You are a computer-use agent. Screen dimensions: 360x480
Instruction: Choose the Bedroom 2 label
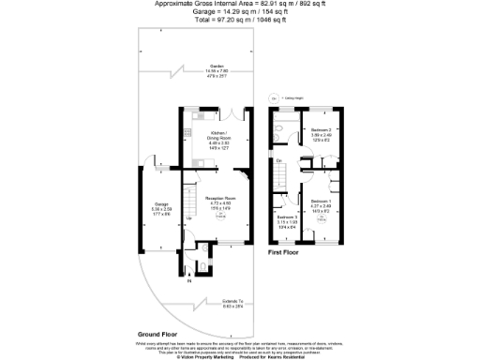tap(322, 134)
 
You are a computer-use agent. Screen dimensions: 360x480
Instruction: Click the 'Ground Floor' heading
tap(159, 334)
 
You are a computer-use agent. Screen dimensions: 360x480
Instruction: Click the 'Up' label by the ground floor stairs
tap(191, 217)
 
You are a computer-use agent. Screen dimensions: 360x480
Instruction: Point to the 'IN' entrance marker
tap(188, 280)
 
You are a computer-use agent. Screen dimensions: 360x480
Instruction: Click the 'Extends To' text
tap(217, 302)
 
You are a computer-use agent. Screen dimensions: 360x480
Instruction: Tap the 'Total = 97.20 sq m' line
tap(239, 20)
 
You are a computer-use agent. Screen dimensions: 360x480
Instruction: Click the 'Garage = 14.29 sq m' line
tap(239, 12)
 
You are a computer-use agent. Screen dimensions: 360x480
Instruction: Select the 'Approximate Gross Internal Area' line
tap(239, 5)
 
